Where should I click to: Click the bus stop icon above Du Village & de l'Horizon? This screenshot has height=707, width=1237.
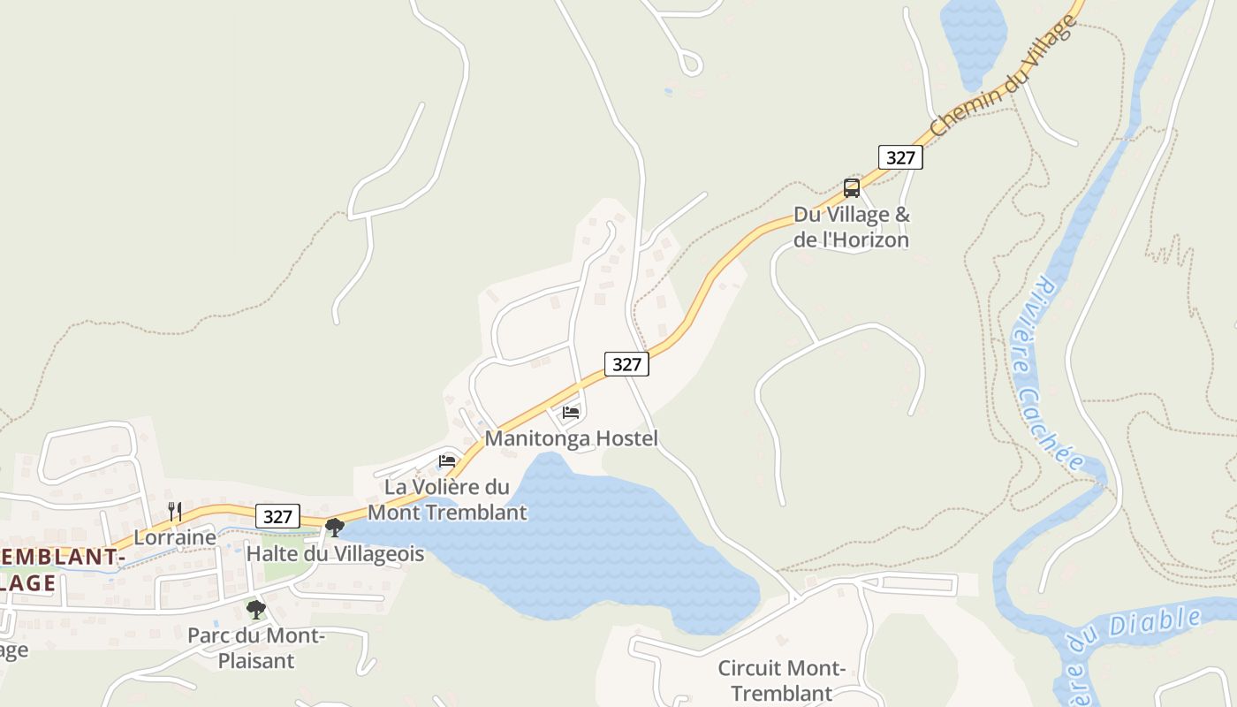tap(852, 187)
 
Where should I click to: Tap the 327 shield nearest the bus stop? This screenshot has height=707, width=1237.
tap(900, 157)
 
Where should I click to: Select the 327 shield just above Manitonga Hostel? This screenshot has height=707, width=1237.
tap(626, 363)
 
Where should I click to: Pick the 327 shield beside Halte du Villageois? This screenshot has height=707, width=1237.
tap(277, 516)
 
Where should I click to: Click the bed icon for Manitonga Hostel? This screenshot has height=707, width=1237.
tap(571, 413)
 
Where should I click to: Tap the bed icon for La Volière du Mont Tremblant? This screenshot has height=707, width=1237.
tap(447, 460)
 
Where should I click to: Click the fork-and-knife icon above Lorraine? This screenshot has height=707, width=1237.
tap(175, 511)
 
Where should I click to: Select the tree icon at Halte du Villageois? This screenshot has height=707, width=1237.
tap(334, 528)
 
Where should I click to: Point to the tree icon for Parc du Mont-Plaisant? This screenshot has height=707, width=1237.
tap(256, 609)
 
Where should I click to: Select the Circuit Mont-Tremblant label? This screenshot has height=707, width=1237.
tap(782, 680)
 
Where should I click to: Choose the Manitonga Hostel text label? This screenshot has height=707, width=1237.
tap(572, 438)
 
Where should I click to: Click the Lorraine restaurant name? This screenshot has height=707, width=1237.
tap(175, 537)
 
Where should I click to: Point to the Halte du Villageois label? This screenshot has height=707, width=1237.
tap(335, 554)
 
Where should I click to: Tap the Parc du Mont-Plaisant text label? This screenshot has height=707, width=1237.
tap(256, 648)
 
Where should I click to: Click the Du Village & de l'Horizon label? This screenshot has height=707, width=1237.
tap(851, 227)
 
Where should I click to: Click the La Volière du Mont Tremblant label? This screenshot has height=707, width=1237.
tap(447, 499)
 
